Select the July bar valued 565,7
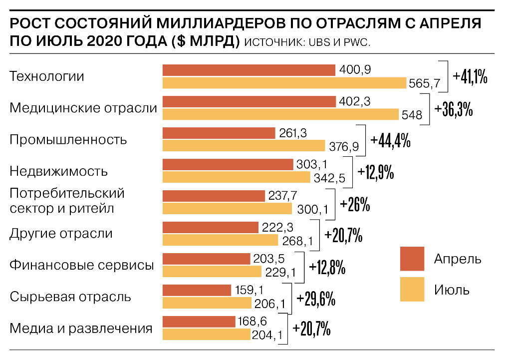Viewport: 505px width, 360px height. pos(284,83)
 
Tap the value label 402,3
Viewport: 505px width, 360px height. pos(354,101)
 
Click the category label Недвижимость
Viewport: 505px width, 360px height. pos(58,171)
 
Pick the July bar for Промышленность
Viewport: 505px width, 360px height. pos(244,146)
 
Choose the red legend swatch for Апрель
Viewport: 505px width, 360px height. pos(412,259)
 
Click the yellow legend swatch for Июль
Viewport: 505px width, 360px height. pos(412,289)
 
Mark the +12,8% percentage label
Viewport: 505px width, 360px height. pos(327,268)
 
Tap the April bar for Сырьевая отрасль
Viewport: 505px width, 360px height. pos(197,290)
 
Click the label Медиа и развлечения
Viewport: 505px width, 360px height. pos(81,329)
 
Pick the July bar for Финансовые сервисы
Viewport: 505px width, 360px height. pos(212,271)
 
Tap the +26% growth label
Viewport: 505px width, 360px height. pos(354,205)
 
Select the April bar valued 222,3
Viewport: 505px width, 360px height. pos(210,227)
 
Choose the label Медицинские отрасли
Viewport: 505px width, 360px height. pos(83,108)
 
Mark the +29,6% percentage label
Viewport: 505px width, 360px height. pos(315,299)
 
